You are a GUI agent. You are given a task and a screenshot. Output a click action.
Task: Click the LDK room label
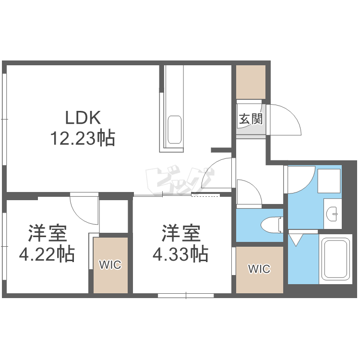(x=83, y=117)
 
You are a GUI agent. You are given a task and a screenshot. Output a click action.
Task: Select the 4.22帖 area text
(x=47, y=253)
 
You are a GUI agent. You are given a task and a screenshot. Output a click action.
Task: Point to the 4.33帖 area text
(x=180, y=253)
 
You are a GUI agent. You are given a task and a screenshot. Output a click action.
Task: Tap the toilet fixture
(x=271, y=224)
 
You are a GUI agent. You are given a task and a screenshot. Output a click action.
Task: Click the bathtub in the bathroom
(x=335, y=260)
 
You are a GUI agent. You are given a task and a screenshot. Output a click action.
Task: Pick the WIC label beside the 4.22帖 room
(x=110, y=264)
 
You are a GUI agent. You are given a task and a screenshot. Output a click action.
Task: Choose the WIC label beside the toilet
(x=259, y=269)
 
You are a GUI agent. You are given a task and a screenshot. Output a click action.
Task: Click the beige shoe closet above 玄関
(x=251, y=82)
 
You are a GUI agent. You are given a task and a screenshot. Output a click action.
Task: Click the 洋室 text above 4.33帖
(x=180, y=234)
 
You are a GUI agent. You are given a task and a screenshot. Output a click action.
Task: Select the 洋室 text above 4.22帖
(x=47, y=234)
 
